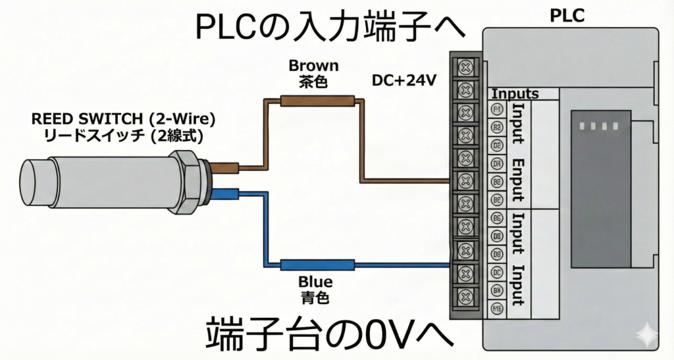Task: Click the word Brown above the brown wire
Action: coord(313,66)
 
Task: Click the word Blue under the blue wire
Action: coord(315,282)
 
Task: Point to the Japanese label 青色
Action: coord(315,297)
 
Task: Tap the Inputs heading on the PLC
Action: coord(515,94)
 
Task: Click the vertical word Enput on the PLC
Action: coord(518,179)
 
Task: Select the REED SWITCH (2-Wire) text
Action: coord(124,120)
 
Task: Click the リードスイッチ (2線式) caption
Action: coord(124,136)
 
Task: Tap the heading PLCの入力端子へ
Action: coord(330,29)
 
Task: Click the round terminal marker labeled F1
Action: coord(498,109)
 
